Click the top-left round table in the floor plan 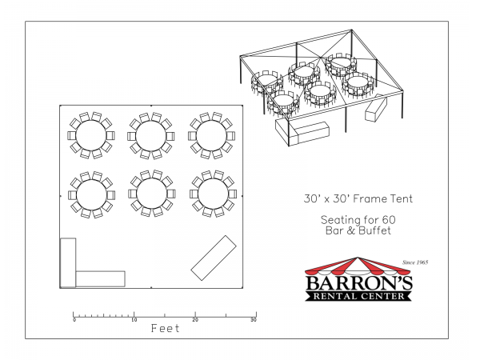91,135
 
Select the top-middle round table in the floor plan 150,136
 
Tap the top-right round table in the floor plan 211,136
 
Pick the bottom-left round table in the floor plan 91,194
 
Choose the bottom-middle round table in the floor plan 151,194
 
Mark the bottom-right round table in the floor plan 213,194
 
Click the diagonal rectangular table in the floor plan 214,258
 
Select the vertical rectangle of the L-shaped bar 68,263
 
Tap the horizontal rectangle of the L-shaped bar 101,279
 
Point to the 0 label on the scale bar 74,320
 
